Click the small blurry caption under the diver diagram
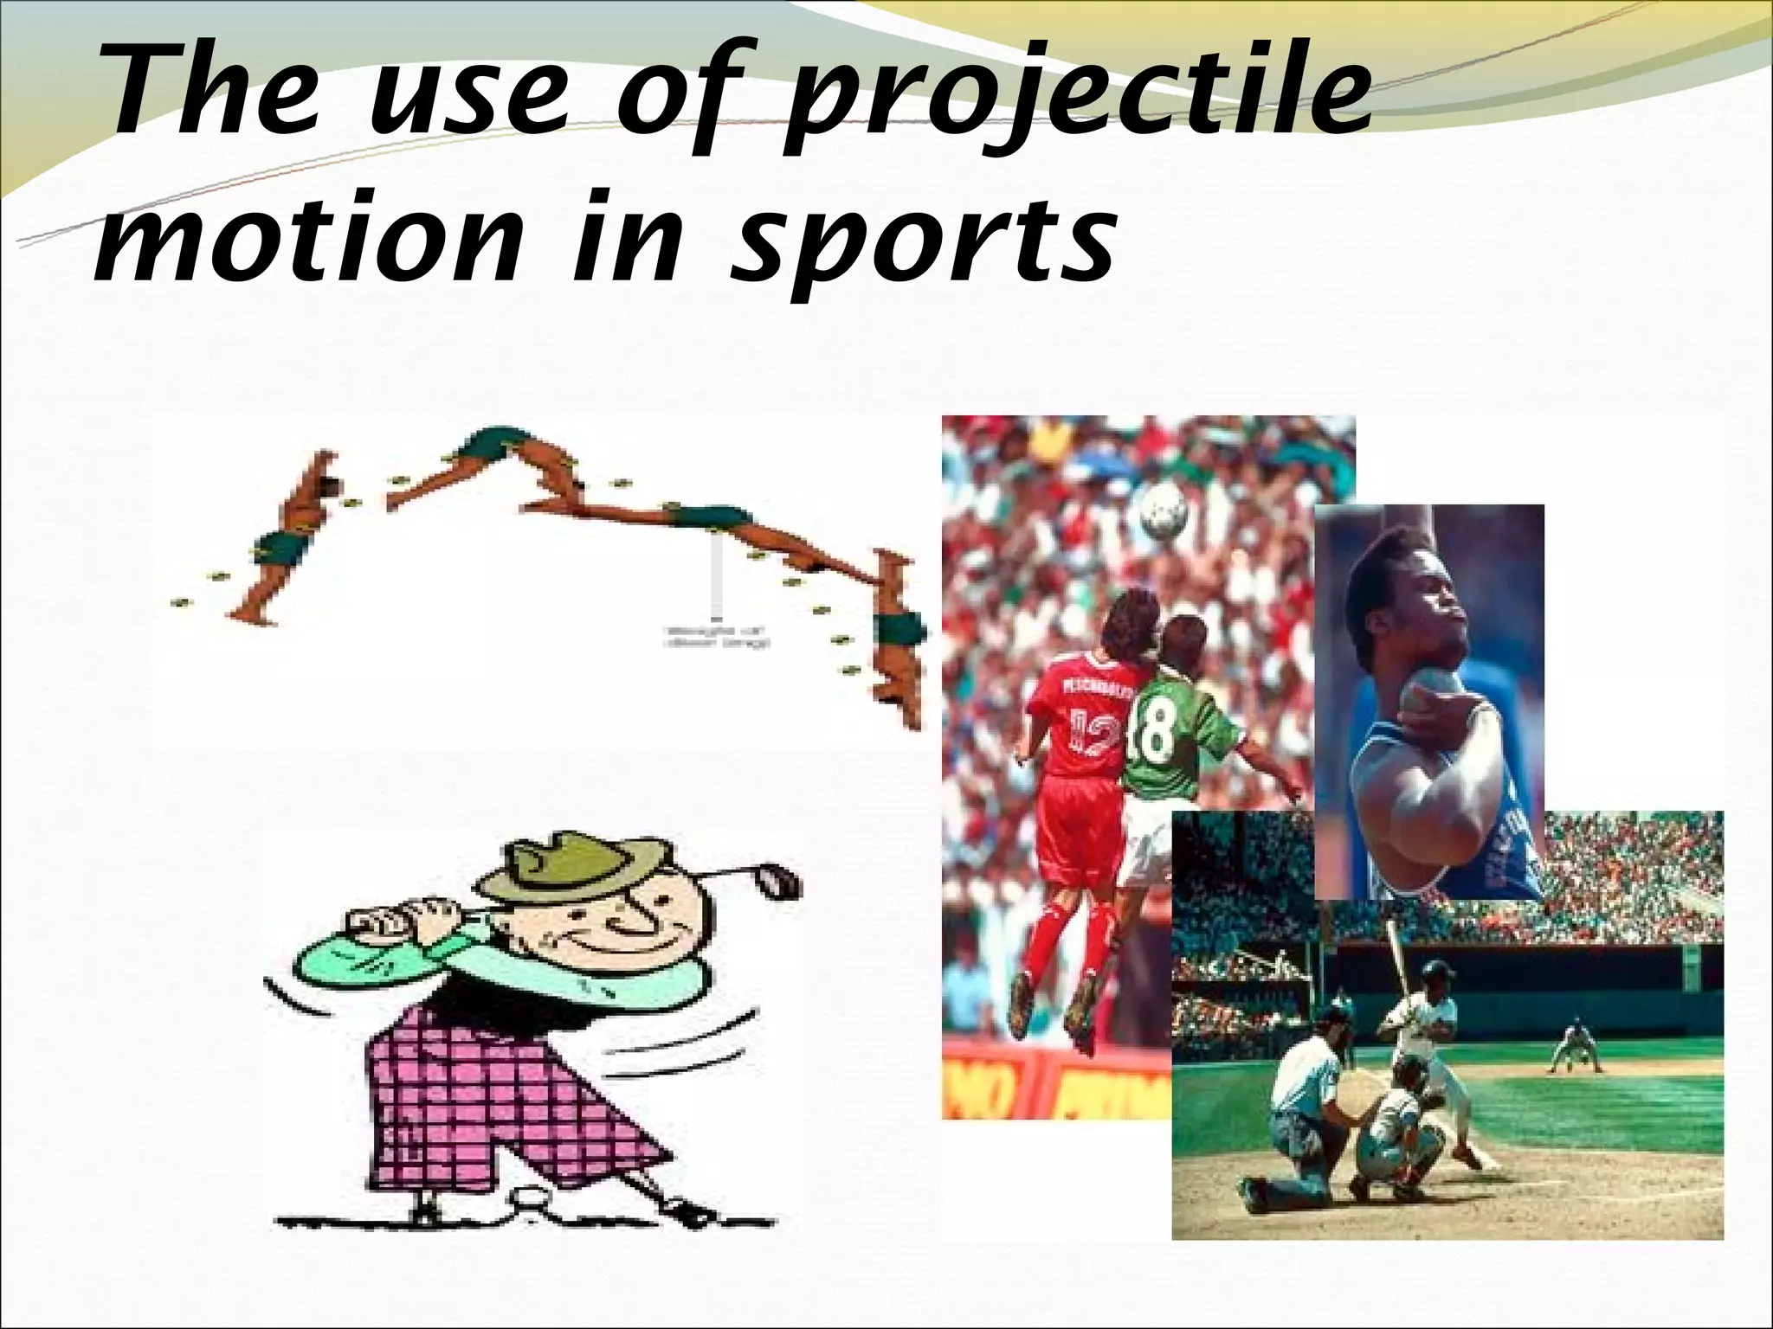click(718, 638)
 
